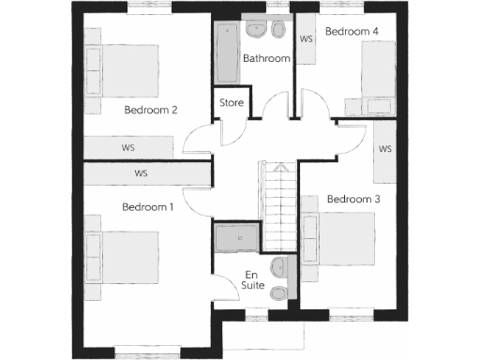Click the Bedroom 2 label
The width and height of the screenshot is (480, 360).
[x=151, y=110]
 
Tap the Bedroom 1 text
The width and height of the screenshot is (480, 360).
[x=148, y=206]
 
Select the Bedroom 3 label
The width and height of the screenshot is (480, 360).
[x=353, y=199]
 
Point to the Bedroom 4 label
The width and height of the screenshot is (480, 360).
[x=352, y=31]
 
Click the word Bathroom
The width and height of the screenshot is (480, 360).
[x=266, y=58]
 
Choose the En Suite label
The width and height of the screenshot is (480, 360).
[x=252, y=279]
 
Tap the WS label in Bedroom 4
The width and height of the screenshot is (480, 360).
[x=306, y=39]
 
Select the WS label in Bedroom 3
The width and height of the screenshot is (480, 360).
[x=384, y=149]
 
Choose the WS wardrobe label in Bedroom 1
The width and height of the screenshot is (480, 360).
[x=142, y=173]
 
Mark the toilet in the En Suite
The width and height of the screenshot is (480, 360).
[x=278, y=293]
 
